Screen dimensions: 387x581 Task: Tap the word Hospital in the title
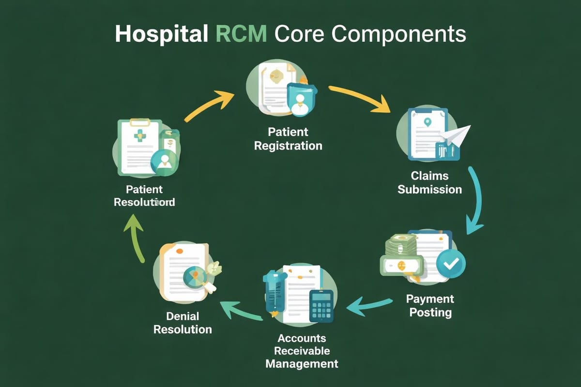click(x=155, y=35)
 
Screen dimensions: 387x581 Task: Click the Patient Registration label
click(x=288, y=138)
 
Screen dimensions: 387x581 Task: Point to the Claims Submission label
click(x=429, y=182)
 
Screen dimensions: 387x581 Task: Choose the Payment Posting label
click(x=430, y=305)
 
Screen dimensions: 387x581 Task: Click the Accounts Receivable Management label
click(x=302, y=351)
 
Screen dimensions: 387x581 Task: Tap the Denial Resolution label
click(x=183, y=323)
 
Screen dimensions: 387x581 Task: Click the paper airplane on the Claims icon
click(x=457, y=135)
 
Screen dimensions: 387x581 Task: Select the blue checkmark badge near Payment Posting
click(x=450, y=263)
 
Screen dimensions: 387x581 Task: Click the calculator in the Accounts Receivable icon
click(x=321, y=305)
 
